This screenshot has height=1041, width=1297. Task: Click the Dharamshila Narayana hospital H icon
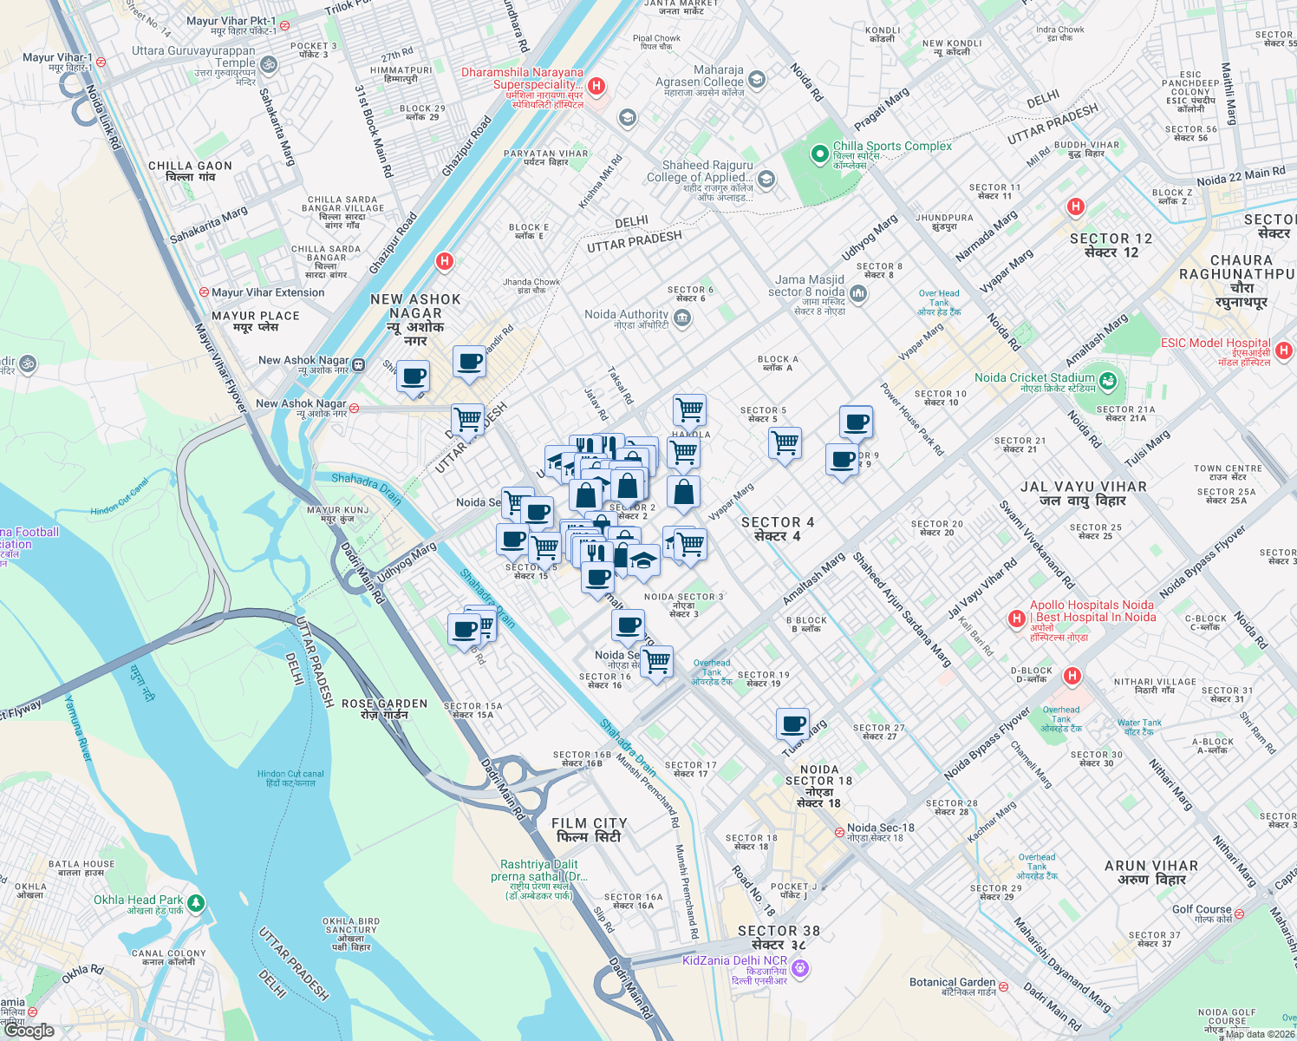click(x=596, y=86)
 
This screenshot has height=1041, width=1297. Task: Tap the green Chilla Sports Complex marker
click(x=819, y=154)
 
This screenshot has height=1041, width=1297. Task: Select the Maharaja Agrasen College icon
click(x=757, y=80)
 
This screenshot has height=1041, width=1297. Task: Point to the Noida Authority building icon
click(x=682, y=318)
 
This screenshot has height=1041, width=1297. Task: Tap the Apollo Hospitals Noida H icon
click(x=1017, y=619)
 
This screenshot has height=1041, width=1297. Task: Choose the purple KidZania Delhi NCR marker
click(x=800, y=967)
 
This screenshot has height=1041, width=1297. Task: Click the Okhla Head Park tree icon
click(x=196, y=903)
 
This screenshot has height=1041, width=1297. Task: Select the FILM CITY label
click(x=589, y=829)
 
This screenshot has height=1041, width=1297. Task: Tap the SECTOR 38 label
click(x=779, y=937)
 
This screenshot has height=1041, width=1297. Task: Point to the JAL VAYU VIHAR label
click(x=1083, y=493)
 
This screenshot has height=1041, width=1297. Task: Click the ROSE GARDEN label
click(x=384, y=709)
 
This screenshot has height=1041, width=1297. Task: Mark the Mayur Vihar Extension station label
click(x=267, y=292)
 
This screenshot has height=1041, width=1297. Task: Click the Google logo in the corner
click(x=30, y=1030)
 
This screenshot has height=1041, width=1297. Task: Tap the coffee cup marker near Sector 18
click(x=792, y=723)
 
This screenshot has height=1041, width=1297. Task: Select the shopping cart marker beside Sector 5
click(x=785, y=442)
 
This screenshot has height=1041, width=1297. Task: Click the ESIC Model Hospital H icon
click(x=1284, y=350)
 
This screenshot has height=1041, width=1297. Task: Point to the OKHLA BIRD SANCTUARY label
click(x=351, y=933)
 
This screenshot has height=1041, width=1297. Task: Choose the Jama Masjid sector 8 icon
click(x=858, y=293)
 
